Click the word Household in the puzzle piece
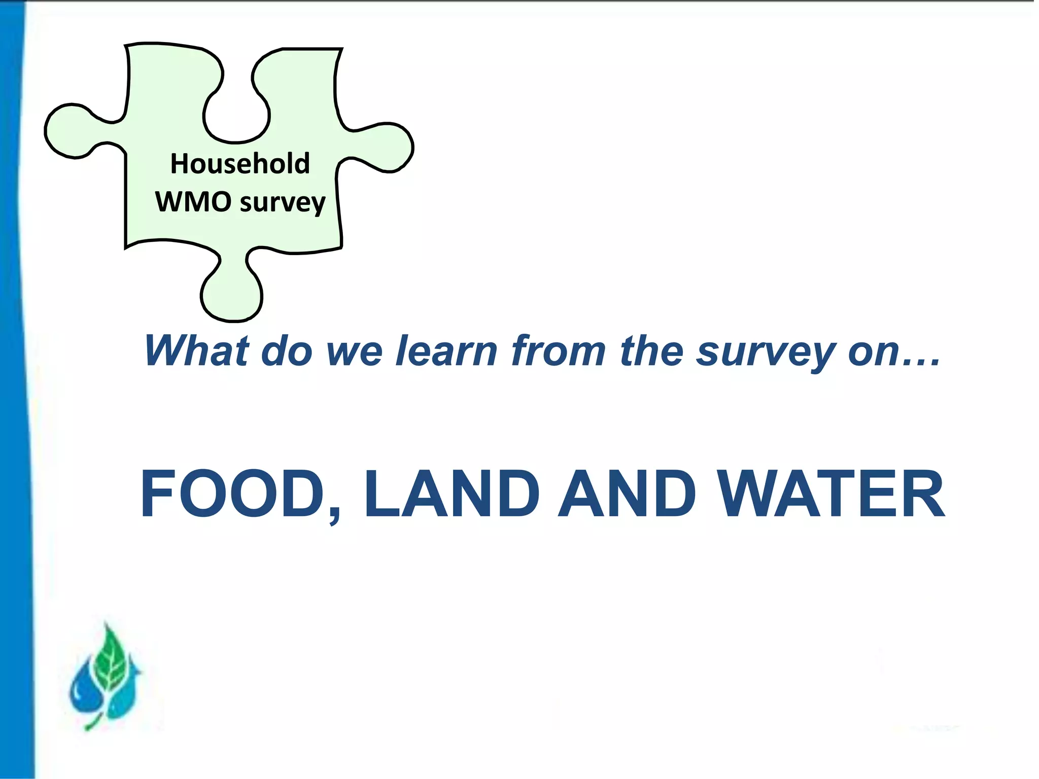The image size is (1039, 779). (x=239, y=164)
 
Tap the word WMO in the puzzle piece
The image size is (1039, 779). (x=193, y=202)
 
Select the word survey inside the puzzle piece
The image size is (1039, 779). (x=283, y=203)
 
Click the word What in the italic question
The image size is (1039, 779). (x=197, y=350)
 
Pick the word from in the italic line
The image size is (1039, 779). (x=558, y=350)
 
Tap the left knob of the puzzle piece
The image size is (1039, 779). (x=71, y=131)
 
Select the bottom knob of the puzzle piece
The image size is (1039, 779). (x=232, y=297)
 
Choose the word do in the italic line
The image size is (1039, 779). (x=287, y=350)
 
